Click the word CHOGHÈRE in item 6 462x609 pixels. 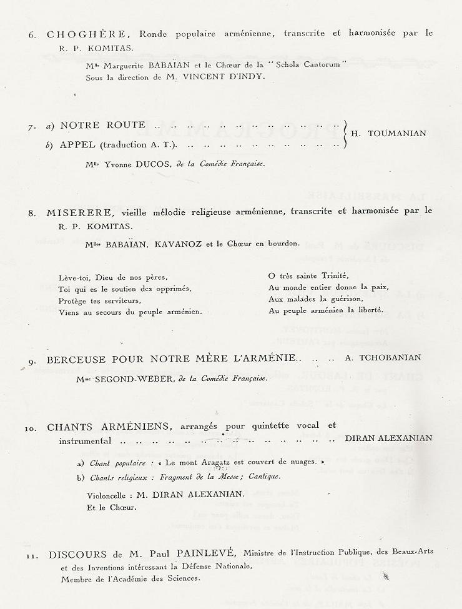click(x=71, y=34)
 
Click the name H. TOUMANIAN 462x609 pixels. click(x=389, y=133)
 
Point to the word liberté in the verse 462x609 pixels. click(x=370, y=310)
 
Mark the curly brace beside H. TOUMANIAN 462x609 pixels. click(x=345, y=134)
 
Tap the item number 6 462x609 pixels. click(x=32, y=35)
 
